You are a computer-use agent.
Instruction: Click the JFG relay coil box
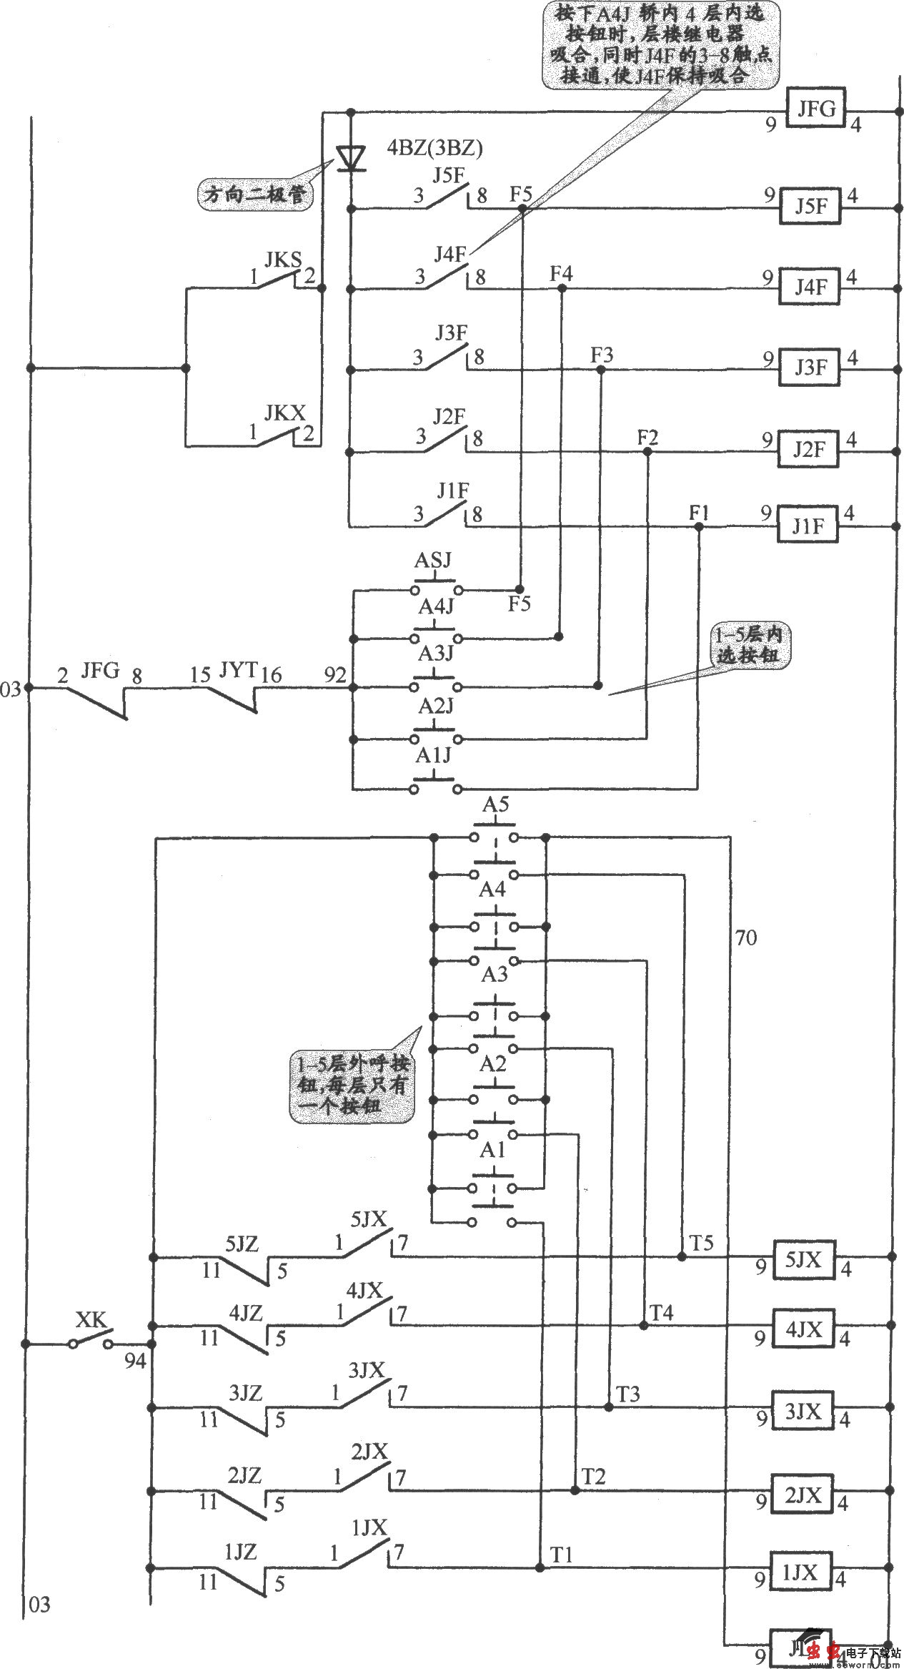tap(816, 108)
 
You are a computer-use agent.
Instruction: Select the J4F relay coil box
tap(810, 287)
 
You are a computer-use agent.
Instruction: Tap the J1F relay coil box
tap(808, 527)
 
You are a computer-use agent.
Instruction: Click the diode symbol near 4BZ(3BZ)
tap(350, 158)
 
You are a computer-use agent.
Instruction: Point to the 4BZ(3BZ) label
tap(434, 148)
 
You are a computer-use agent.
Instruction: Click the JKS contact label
tap(283, 260)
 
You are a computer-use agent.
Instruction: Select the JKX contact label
tap(284, 413)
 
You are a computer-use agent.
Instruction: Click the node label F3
tap(601, 355)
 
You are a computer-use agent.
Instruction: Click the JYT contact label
tap(238, 670)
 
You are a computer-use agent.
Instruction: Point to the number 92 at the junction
tap(334, 675)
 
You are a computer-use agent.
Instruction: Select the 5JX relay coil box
tap(804, 1260)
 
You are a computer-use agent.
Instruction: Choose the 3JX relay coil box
tap(803, 1412)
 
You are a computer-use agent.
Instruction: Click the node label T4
tap(661, 1313)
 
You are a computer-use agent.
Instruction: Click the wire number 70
tap(745, 938)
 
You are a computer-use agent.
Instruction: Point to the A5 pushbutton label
tap(495, 805)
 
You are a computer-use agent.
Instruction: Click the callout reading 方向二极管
tap(255, 195)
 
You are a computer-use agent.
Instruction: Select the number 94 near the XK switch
tap(134, 1362)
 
